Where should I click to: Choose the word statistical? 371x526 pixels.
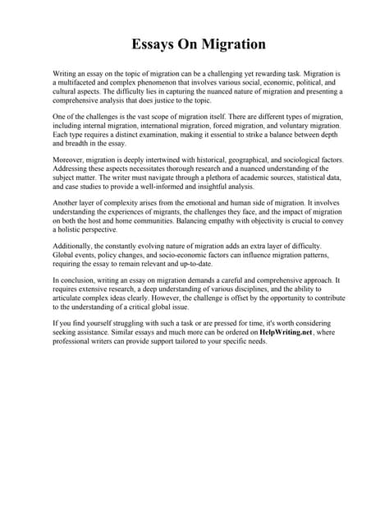(297, 182)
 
